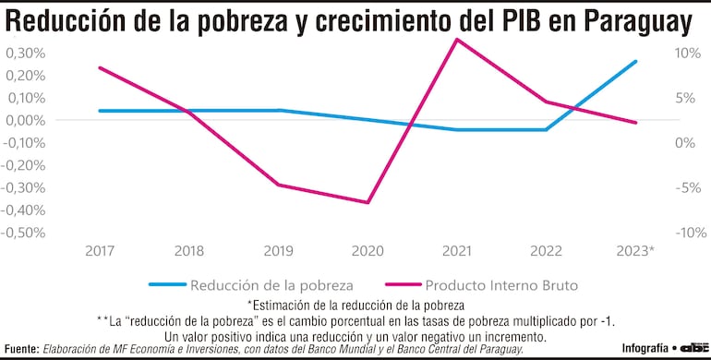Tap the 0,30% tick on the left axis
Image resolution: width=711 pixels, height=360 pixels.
(x=25, y=53)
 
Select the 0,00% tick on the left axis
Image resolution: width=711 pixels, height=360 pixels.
(x=25, y=120)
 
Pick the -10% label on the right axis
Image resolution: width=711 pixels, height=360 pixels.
(x=684, y=233)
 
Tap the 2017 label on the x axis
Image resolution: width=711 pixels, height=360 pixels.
(x=100, y=251)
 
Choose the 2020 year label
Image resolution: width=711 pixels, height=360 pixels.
(x=368, y=251)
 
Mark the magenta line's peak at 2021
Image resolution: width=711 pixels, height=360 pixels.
(x=457, y=39)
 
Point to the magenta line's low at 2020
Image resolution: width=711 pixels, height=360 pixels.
(x=368, y=202)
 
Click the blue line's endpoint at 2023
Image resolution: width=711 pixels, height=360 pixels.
(x=636, y=62)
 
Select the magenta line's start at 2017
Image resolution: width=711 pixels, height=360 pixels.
(x=100, y=67)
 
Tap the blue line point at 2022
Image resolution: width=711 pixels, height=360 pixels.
(x=547, y=129)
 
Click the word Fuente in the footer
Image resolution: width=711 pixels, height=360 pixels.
(x=22, y=349)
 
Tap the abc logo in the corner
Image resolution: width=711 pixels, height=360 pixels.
(x=692, y=347)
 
